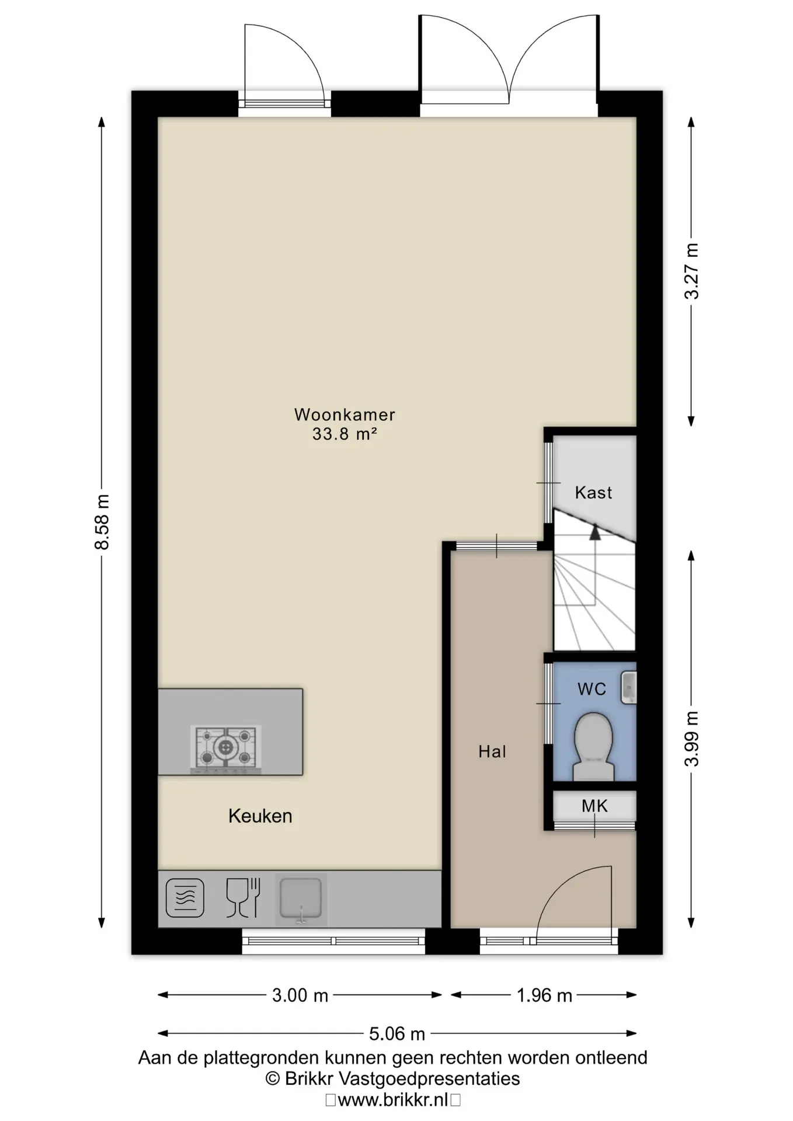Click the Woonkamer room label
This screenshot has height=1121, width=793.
coord(345,415)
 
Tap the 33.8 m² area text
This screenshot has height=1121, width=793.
coord(345,434)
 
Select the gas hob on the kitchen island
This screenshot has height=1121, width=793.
coord(225,747)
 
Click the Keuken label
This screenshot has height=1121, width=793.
coord(260,816)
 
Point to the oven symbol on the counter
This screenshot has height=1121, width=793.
coord(185,898)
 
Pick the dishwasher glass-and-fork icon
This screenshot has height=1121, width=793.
coord(243,898)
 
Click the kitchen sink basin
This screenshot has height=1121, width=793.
coord(301,899)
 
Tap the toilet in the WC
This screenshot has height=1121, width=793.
coord(593,746)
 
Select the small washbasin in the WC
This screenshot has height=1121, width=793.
coord(628,687)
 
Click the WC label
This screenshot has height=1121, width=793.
coord(592,689)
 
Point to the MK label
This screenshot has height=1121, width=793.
coord(594,806)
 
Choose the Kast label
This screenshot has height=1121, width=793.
coord(593,493)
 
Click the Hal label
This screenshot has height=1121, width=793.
coord(492,751)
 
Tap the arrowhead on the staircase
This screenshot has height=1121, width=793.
coord(594,532)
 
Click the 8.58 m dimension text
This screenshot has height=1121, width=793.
coord(102,522)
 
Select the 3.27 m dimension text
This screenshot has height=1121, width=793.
coord(692,271)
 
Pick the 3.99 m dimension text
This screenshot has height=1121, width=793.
coord(692,739)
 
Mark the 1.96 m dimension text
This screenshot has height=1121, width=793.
coord(544,995)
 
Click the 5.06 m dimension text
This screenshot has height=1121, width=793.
coord(397,1034)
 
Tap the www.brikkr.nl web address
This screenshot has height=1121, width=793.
coord(393,1100)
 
